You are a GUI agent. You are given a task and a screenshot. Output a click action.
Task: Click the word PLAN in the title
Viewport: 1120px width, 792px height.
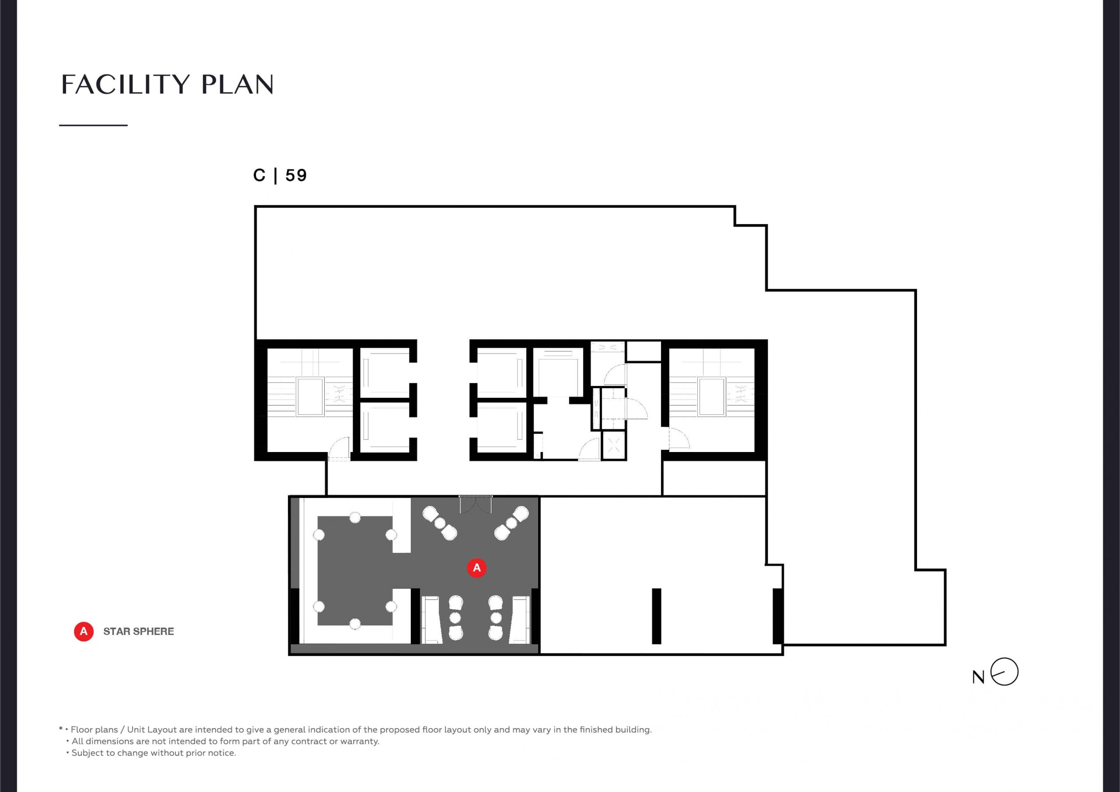click(237, 84)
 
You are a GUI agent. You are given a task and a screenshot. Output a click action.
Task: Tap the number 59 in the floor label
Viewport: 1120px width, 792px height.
click(296, 175)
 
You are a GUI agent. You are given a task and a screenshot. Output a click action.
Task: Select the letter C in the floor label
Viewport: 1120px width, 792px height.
click(259, 175)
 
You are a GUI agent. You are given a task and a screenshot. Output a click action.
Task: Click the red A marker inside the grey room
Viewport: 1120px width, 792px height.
click(476, 568)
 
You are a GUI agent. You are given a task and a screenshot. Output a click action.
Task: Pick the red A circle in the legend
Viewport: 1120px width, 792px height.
click(84, 631)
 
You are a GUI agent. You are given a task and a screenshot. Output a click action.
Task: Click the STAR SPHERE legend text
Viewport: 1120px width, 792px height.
click(139, 631)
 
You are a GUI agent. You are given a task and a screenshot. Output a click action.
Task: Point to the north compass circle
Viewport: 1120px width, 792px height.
click(1005, 672)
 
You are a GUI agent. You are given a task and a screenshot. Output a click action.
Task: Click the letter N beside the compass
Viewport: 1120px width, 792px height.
click(978, 677)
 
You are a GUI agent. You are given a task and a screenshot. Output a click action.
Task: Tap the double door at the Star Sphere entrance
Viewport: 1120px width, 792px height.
click(476, 505)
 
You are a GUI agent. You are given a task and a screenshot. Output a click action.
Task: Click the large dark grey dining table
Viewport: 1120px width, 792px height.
click(355, 571)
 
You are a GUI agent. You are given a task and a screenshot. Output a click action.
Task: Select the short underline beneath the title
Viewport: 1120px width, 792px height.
click(93, 126)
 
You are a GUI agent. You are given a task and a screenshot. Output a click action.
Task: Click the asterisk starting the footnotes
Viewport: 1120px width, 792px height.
click(61, 729)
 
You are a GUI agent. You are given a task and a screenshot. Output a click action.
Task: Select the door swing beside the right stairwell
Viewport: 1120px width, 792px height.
click(679, 438)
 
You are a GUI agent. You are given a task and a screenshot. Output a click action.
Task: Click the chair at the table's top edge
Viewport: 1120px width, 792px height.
click(355, 517)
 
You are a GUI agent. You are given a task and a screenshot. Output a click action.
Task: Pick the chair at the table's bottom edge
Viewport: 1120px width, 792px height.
click(355, 624)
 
